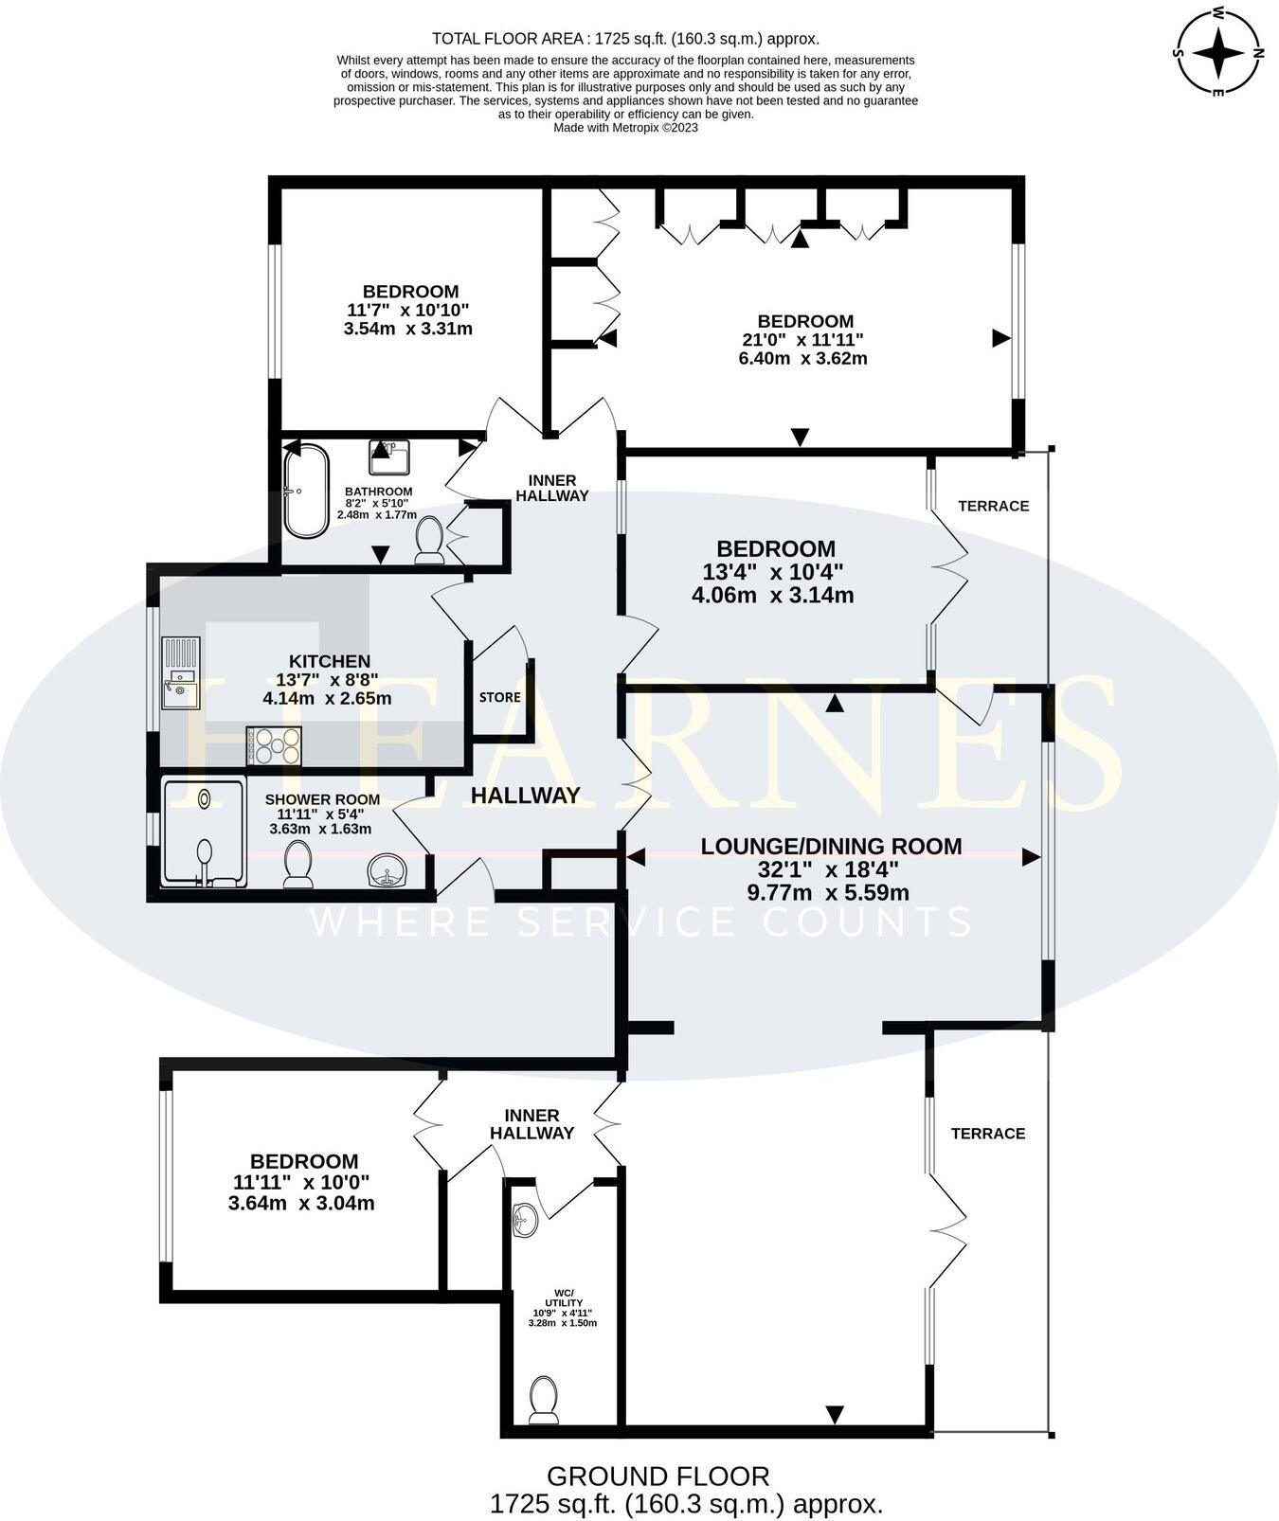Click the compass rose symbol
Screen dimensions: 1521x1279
pos(1218,52)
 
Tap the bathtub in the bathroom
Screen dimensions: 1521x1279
pos(307,491)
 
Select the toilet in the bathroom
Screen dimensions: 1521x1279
pos(429,540)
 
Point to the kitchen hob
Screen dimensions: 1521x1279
pos(274,745)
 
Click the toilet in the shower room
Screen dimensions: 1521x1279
pos(298,865)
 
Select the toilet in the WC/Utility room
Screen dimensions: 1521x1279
pos(543,1401)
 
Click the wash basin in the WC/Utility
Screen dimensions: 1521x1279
pos(523,1221)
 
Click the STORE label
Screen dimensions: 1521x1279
pos(500,697)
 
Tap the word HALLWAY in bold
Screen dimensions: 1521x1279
pos(526,796)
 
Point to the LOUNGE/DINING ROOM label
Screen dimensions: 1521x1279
pos(831,846)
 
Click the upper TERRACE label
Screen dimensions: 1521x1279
pos(993,506)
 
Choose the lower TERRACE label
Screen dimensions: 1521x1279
pos(988,1133)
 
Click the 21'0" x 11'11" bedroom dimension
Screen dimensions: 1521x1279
pos(802,339)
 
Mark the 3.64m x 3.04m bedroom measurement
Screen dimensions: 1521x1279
pos(301,1203)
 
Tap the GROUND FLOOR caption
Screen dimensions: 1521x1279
pos(658,1476)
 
